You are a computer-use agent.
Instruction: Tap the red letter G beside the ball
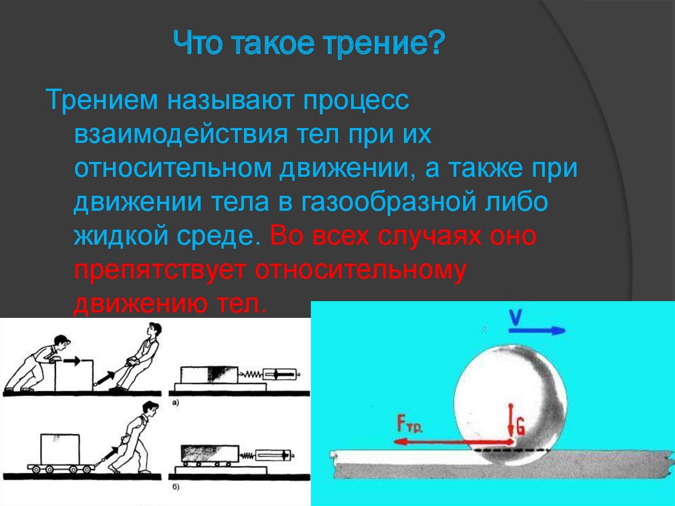[x=520, y=427]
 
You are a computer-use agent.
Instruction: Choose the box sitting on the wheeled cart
[x=61, y=449]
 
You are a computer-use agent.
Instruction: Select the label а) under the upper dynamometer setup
[x=174, y=402]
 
